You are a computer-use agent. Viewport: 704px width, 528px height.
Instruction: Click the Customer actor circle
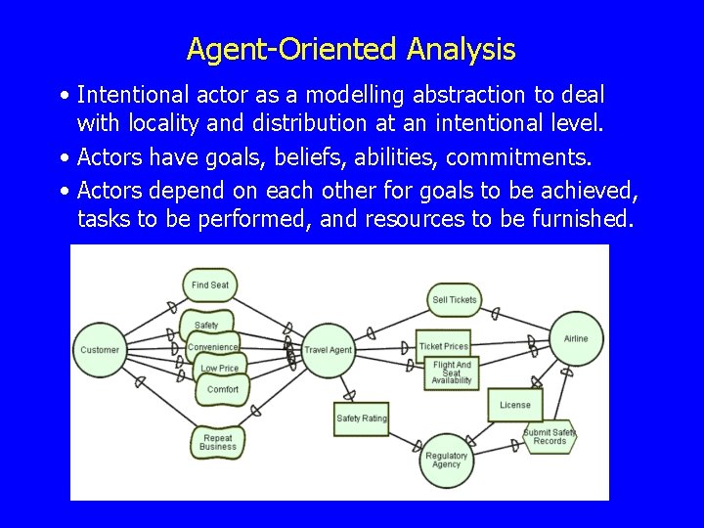(x=100, y=349)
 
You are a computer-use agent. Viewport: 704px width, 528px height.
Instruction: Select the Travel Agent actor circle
(x=328, y=350)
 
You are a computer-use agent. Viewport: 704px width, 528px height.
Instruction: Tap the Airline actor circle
(x=576, y=338)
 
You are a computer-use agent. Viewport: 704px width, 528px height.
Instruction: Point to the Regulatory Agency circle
(x=446, y=460)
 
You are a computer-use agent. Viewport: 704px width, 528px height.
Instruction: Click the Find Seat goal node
(x=210, y=286)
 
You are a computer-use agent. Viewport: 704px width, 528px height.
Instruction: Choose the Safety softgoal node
(x=206, y=325)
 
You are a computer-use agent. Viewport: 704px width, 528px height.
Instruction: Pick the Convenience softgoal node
(x=212, y=347)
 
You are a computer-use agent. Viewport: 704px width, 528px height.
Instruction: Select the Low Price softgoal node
(x=220, y=369)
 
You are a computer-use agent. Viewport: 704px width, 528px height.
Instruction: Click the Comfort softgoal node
(x=223, y=389)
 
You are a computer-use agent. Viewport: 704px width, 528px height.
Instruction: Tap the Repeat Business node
(x=217, y=442)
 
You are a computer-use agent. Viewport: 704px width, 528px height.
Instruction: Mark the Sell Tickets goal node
(x=455, y=299)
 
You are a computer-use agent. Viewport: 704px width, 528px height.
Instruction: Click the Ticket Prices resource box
(x=444, y=346)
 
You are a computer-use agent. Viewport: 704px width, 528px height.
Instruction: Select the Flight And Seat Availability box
(x=451, y=374)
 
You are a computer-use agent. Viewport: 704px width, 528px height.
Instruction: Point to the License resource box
(x=515, y=405)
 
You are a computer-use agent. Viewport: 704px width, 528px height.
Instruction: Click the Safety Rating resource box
(x=362, y=418)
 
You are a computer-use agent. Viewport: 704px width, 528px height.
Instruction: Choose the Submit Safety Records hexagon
(x=550, y=437)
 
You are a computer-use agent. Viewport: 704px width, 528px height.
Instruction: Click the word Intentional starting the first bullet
(x=133, y=95)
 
